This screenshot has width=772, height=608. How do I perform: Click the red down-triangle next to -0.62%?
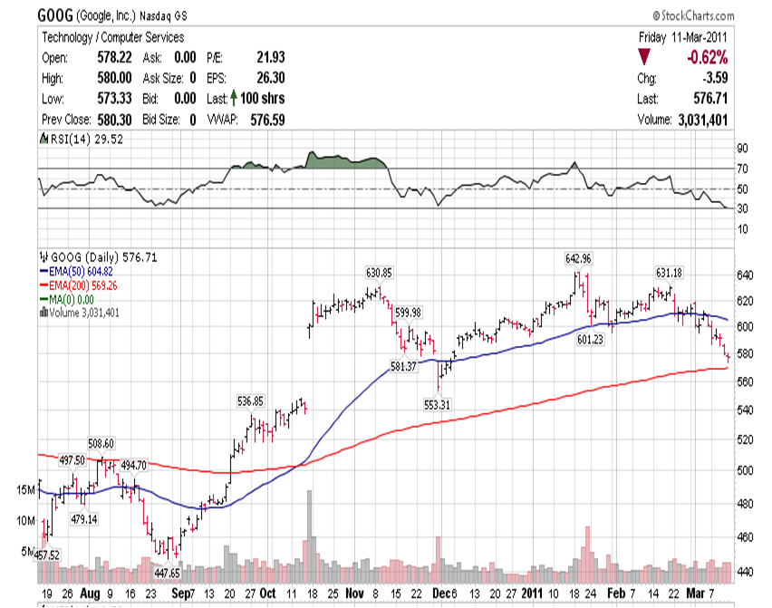click(644, 57)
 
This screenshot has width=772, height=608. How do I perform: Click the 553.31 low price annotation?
click(438, 404)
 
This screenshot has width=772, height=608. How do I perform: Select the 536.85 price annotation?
click(250, 401)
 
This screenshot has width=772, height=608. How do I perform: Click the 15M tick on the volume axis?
click(24, 490)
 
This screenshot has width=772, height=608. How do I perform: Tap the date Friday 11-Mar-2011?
click(681, 37)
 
